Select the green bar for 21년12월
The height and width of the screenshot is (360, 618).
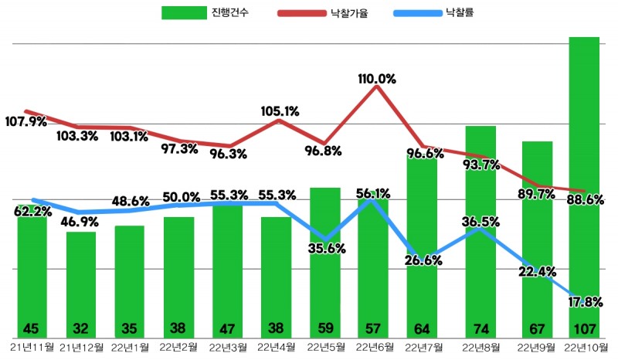click(81, 278)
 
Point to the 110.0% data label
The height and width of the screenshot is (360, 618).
click(377, 79)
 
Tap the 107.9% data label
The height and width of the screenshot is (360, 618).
click(26, 122)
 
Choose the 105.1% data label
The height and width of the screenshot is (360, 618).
click(280, 111)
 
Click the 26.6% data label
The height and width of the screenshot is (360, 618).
click(423, 260)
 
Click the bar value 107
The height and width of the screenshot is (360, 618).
click(584, 327)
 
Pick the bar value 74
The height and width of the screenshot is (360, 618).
click(480, 327)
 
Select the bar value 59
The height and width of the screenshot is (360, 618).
click(325, 327)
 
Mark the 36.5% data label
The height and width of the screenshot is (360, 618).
click(480, 222)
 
